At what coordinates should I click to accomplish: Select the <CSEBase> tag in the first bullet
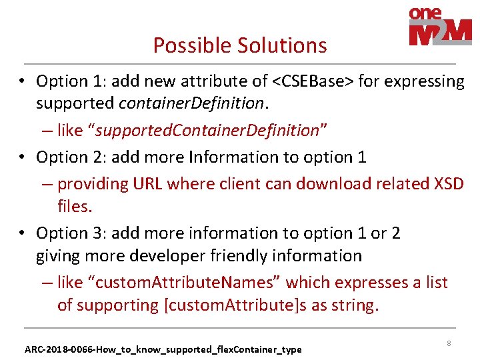coord(313,81)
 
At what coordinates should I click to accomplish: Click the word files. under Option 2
coord(75,207)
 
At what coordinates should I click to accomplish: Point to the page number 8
coord(449,343)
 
